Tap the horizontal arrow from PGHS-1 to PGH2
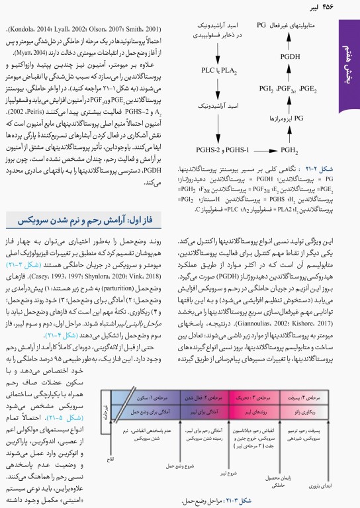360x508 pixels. [x=268, y=151]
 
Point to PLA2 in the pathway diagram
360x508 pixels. [x=228, y=69]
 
